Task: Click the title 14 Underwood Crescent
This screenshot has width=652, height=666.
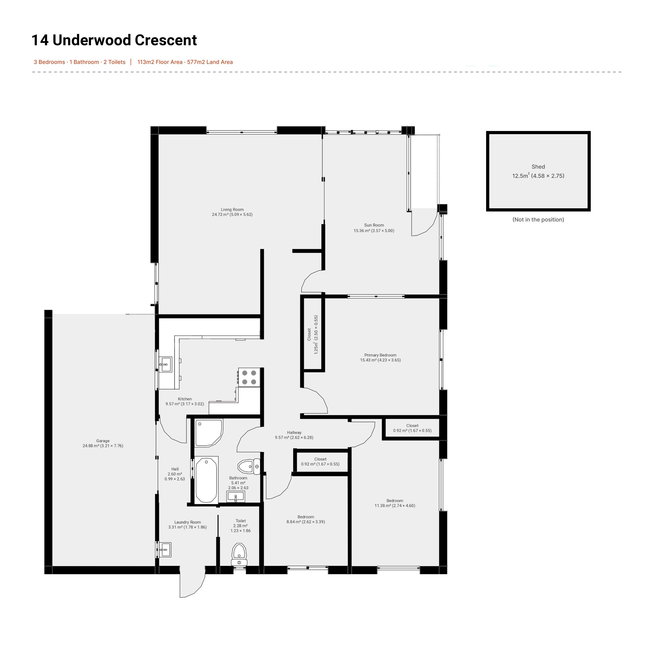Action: click(x=114, y=40)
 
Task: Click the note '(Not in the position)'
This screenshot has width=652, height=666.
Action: click(x=538, y=220)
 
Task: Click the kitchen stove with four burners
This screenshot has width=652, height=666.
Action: click(x=249, y=377)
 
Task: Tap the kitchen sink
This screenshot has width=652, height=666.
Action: click(x=165, y=365)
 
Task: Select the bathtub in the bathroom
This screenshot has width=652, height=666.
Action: click(x=206, y=480)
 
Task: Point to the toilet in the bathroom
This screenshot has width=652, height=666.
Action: click(x=249, y=466)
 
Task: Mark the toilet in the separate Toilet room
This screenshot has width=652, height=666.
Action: click(x=239, y=554)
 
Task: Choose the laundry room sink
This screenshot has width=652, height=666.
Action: click(x=165, y=550)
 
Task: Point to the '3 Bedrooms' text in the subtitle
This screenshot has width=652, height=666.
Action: click(x=49, y=62)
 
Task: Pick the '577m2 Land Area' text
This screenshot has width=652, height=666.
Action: click(x=210, y=62)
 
